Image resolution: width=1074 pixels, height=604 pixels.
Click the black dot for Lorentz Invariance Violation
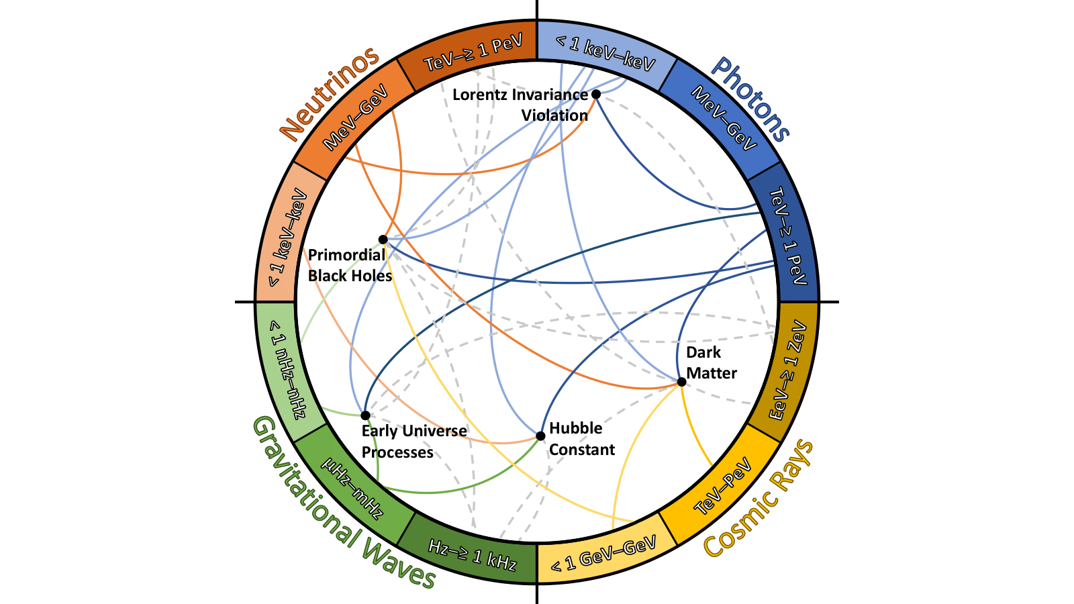click(596, 95)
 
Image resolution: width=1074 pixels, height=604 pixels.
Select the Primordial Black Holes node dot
click(383, 239)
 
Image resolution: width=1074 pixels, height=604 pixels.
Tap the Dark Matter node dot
click(681, 382)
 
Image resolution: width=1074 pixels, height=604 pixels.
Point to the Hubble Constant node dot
click(540, 436)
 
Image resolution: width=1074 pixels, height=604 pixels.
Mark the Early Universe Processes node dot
click(365, 415)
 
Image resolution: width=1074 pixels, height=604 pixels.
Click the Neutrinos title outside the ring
click(330, 94)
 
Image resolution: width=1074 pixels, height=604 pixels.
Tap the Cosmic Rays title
click(759, 499)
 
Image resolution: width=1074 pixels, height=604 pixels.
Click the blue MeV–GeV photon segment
click(724, 117)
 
